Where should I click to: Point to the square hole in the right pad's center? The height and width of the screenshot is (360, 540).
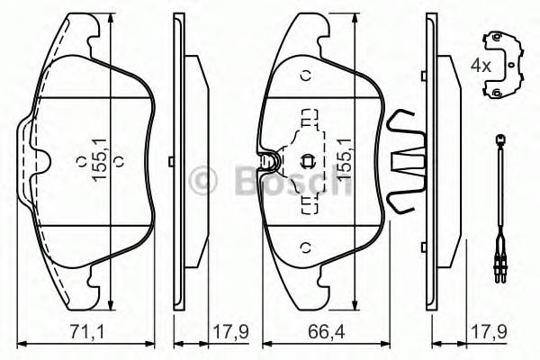coord(306,162)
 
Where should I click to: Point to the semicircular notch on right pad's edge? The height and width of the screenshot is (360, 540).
coord(267,162)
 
